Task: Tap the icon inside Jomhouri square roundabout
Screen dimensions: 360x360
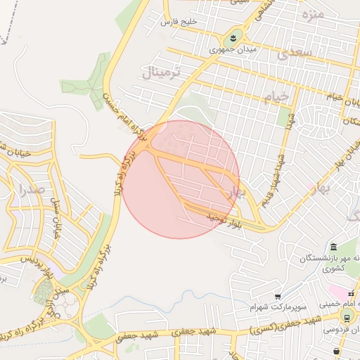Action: (233, 36)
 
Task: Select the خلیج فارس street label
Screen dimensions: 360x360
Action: (181, 22)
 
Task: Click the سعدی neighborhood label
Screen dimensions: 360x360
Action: (293, 53)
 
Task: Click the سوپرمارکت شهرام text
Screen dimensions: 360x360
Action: (276, 308)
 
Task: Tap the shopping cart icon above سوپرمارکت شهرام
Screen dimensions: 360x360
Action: (278, 297)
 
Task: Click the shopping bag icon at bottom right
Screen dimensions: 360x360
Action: (337, 350)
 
